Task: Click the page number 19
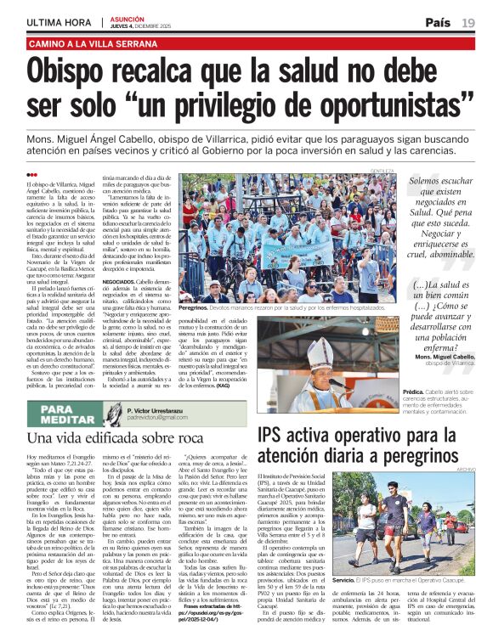pyautogui.click(x=468, y=22)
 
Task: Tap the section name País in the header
pyautogui.click(x=438, y=22)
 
